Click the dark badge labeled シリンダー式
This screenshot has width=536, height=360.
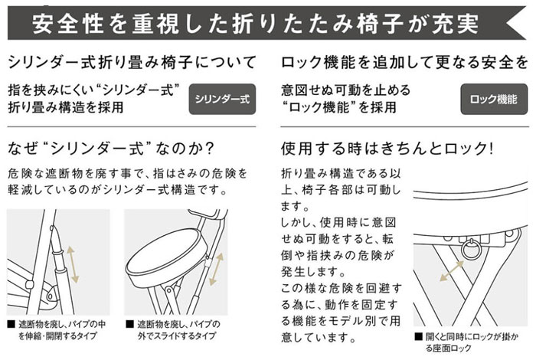(222, 99)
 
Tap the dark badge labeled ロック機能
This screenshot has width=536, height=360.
(494, 99)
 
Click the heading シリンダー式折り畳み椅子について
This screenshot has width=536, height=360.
(132, 63)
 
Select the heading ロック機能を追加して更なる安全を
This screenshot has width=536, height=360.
(404, 63)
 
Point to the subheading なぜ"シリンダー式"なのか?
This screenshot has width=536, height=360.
(111, 149)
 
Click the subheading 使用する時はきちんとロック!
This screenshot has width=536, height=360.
(387, 149)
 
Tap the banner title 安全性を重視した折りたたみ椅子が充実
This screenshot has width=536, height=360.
(256, 24)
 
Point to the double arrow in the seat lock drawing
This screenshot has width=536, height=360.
(451, 271)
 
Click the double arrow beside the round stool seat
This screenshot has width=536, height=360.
(216, 269)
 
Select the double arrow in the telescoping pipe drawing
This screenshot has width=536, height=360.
(73, 264)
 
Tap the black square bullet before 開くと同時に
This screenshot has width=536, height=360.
(418, 337)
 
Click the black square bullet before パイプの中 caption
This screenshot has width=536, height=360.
(11, 324)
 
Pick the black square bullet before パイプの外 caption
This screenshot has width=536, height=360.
(129, 324)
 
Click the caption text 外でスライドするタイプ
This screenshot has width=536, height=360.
(177, 335)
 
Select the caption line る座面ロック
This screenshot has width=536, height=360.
(448, 349)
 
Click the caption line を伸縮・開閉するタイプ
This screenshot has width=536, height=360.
(57, 335)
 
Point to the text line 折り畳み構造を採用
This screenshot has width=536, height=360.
(66, 107)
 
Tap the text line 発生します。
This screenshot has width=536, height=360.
(313, 272)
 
